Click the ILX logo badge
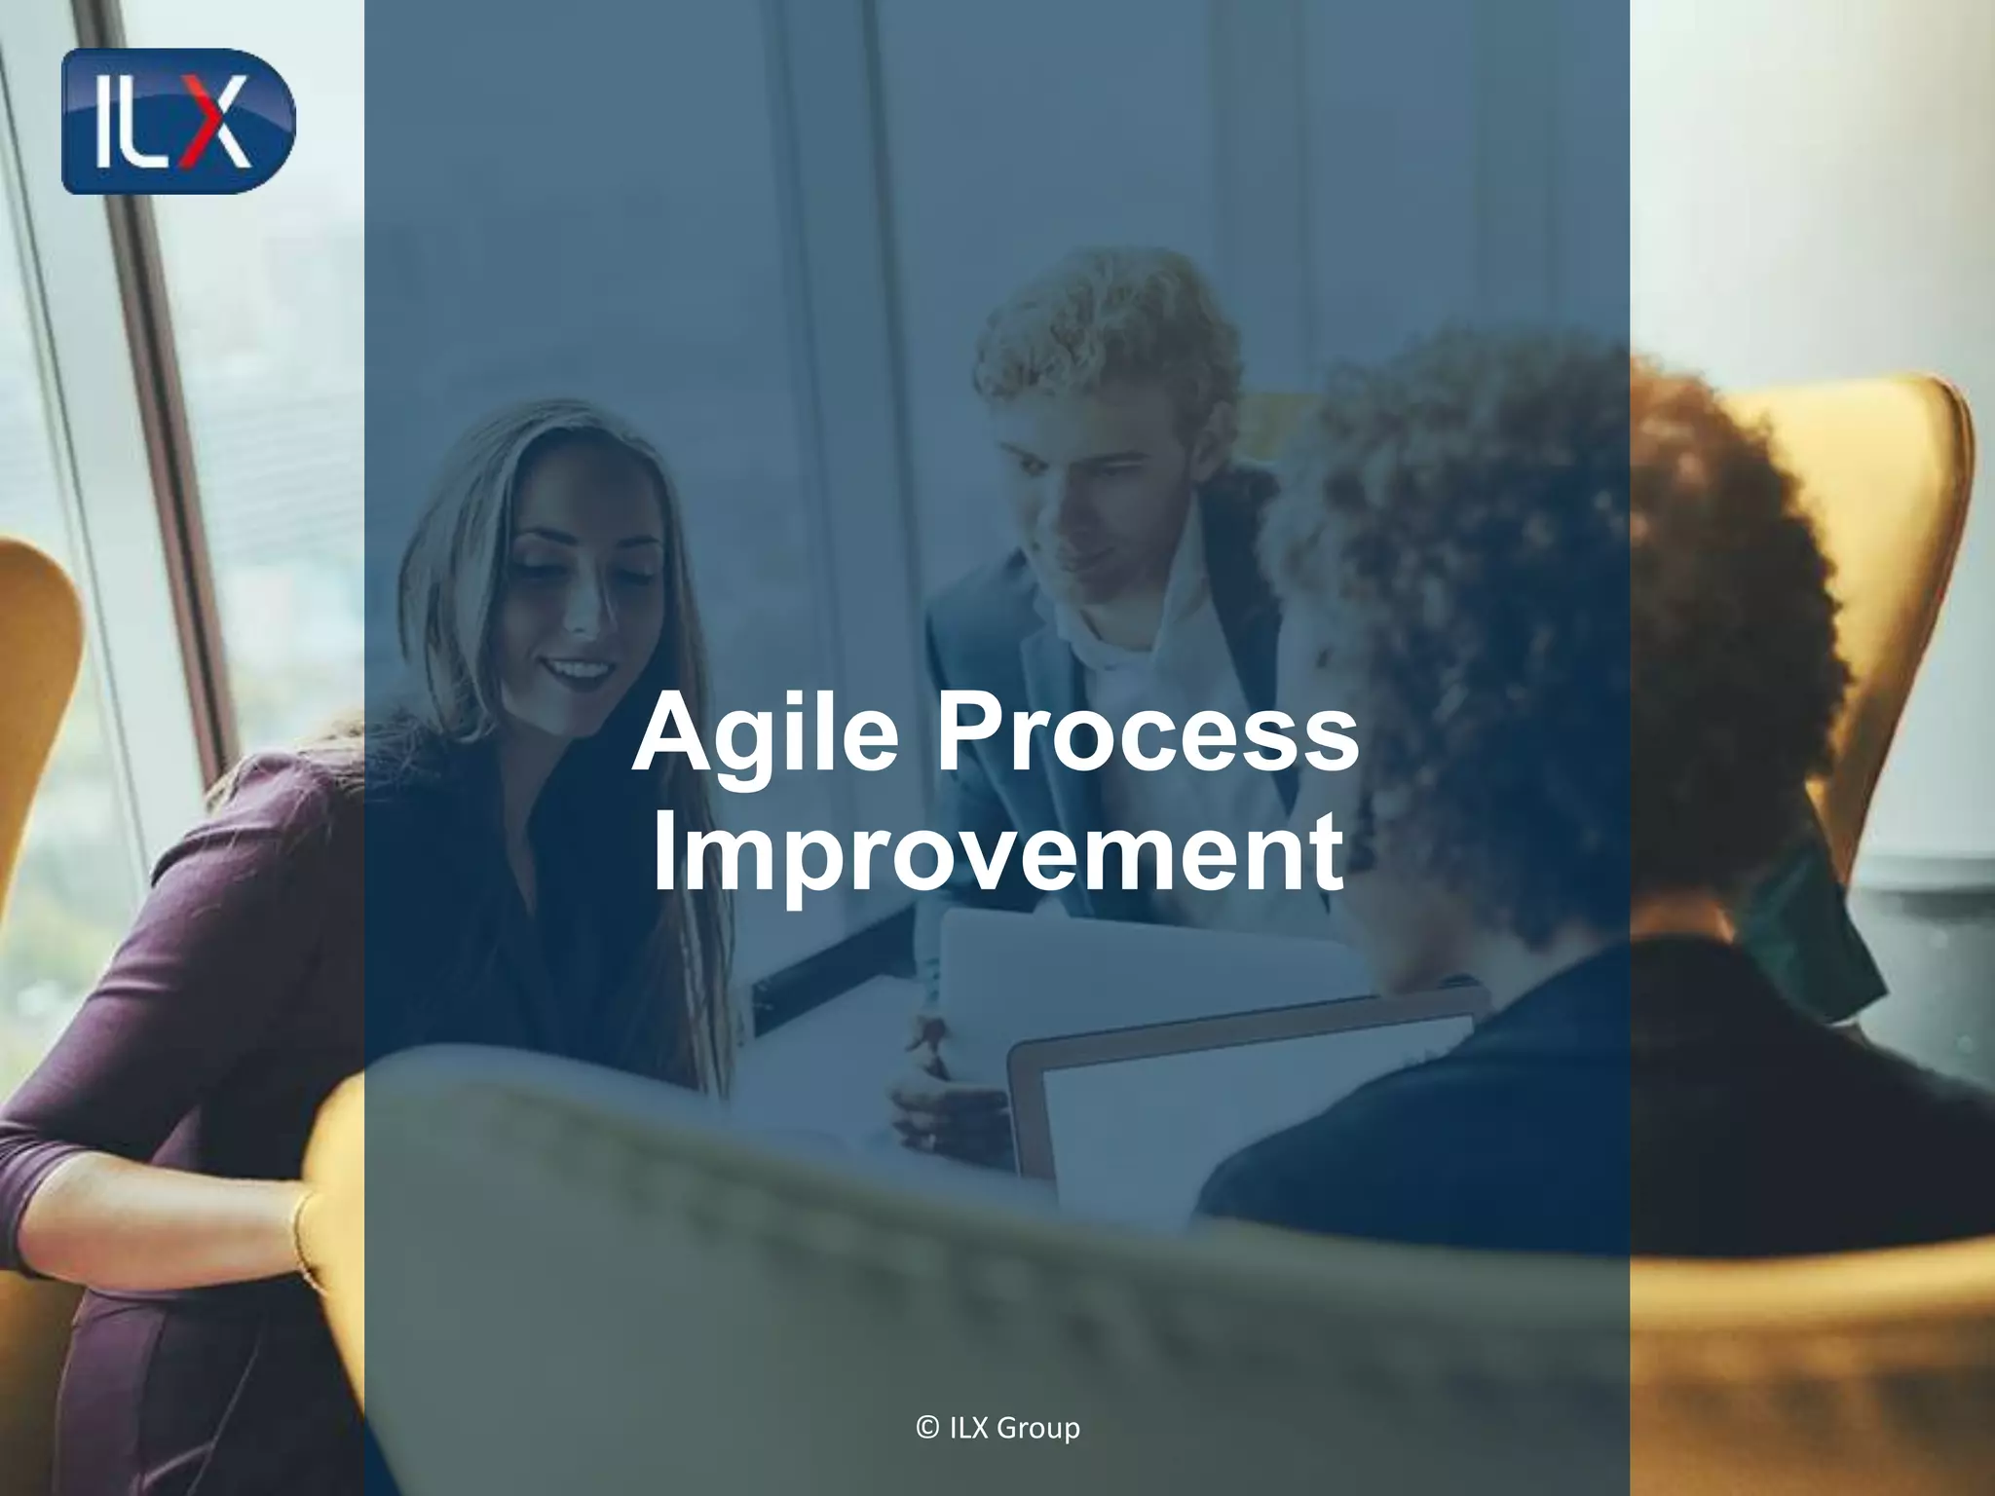[177, 121]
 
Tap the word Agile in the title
[766, 732]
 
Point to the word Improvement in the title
[997, 851]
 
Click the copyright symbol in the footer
[927, 1428]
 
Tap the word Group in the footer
[1038, 1429]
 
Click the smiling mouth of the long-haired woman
[579, 670]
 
